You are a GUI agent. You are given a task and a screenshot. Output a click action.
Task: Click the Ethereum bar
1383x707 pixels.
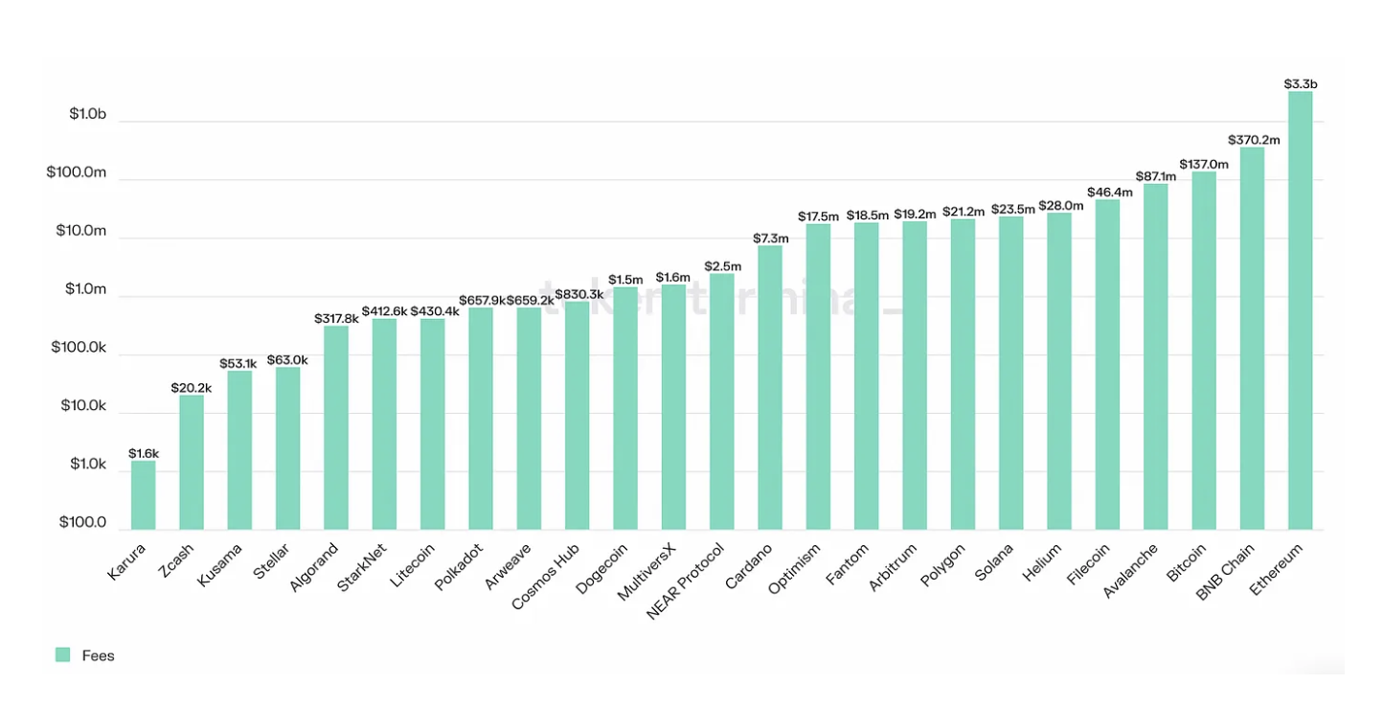click(1300, 310)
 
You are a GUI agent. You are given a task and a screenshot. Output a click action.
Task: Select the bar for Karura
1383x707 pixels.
click(144, 495)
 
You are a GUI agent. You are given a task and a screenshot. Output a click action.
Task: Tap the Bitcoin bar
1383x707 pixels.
click(1204, 351)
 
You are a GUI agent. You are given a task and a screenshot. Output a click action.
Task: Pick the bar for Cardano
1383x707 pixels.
click(770, 388)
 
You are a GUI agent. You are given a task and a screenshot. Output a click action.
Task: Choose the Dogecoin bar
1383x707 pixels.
click(625, 408)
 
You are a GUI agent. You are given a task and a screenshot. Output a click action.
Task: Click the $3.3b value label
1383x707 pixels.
click(1300, 84)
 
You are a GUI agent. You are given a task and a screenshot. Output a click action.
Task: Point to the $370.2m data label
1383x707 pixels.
click(1253, 140)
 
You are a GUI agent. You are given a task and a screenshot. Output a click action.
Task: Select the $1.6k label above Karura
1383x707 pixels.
click(144, 453)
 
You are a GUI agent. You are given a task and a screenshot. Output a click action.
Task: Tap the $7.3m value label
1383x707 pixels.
click(771, 239)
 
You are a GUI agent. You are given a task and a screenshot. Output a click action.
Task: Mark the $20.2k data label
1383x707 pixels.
click(192, 388)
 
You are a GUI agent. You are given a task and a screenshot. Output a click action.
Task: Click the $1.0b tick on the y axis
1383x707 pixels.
click(87, 114)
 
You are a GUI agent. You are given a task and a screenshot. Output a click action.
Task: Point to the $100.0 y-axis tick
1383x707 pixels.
click(82, 523)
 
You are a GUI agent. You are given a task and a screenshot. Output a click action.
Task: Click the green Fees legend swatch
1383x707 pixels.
click(63, 655)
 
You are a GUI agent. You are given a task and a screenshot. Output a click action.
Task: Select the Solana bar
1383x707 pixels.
click(1010, 373)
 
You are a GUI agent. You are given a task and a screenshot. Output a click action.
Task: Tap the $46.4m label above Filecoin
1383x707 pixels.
click(1108, 193)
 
